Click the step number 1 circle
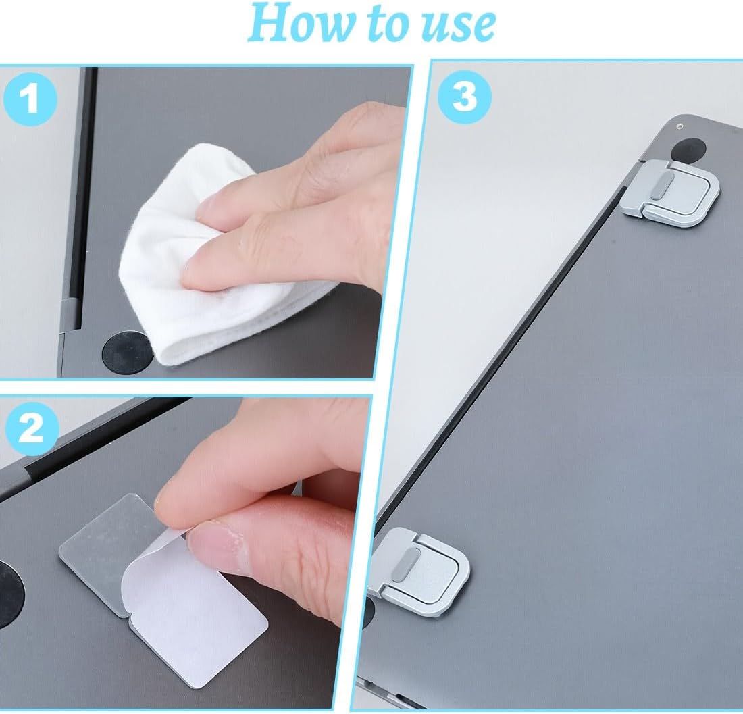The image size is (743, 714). point(30,98)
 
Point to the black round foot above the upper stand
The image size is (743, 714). point(688,151)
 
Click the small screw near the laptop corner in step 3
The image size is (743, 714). point(680,126)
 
